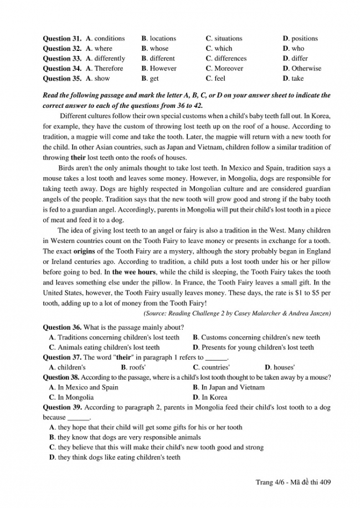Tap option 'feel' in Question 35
219,79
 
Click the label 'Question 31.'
62,39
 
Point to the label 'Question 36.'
62,327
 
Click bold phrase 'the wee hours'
135,272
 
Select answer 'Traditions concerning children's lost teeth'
118,338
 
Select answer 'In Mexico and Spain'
88,387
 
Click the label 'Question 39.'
62,407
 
